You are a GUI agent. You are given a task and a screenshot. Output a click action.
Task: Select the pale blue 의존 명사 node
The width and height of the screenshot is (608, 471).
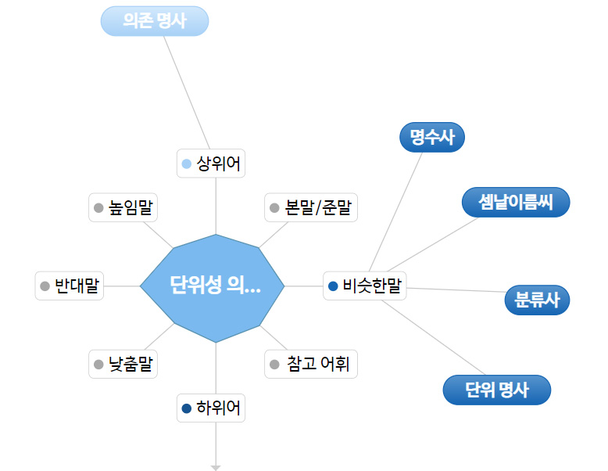[155, 21]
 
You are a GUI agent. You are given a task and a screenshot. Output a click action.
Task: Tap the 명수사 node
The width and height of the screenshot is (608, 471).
[432, 138]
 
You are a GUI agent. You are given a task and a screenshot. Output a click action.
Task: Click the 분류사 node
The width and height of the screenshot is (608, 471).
[537, 300]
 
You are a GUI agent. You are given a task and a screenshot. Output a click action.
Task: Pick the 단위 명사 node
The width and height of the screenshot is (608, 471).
[496, 390]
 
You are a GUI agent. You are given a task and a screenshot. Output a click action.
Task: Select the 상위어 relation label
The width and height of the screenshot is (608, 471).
[211, 164]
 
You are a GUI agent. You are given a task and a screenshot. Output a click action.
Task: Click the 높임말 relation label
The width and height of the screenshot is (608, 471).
[123, 208]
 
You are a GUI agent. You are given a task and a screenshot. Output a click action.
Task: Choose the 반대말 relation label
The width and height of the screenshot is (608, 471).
[70, 286]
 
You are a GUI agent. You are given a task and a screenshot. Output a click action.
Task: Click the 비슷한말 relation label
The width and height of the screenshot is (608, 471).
[365, 286]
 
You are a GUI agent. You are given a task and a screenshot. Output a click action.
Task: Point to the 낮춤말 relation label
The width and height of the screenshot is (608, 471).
[123, 364]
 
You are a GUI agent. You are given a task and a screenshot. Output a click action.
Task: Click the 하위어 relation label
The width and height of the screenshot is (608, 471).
[211, 408]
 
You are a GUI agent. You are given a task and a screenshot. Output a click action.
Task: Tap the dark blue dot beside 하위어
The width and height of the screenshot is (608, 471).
[186, 408]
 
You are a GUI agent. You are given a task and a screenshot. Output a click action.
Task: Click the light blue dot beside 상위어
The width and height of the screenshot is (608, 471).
[186, 164]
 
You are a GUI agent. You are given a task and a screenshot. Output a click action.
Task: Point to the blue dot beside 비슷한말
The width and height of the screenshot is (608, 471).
[333, 286]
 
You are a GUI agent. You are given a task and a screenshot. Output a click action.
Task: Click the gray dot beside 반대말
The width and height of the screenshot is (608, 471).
[45, 286]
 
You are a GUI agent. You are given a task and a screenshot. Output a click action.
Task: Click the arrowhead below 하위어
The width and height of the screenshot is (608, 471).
[216, 468]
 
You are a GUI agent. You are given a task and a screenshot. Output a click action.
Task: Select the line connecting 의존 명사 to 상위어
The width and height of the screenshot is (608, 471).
[188, 92]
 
